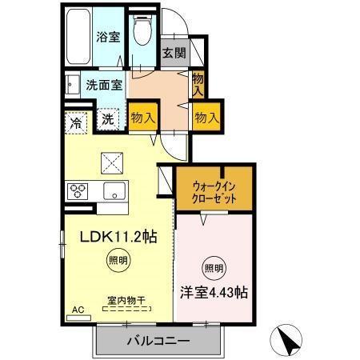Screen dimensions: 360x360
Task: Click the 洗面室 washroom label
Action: (x=104, y=85)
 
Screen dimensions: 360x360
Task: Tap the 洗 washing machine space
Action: (x=107, y=120)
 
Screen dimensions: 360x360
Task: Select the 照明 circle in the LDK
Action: (x=117, y=259)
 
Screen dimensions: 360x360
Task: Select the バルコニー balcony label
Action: (x=158, y=342)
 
